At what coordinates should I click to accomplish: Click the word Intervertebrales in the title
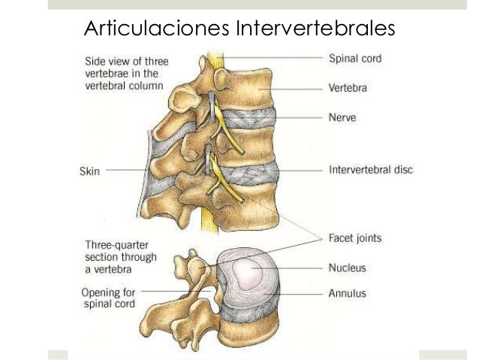pyautogui.click(x=315, y=30)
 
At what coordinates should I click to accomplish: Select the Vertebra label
pyautogui.click(x=349, y=88)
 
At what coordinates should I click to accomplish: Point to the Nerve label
pyautogui.click(x=342, y=117)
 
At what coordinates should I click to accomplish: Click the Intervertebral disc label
pyautogui.click(x=371, y=171)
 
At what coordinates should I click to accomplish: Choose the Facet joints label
pyautogui.click(x=355, y=238)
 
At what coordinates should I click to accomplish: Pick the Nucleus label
pyautogui.click(x=348, y=267)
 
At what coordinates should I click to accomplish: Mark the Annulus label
pyautogui.click(x=348, y=294)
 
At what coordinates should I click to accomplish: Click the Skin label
pyautogui.click(x=90, y=171)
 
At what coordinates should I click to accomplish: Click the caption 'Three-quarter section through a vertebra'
pyautogui.click(x=121, y=256)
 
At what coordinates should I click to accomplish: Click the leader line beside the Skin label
pyautogui.click(x=125, y=171)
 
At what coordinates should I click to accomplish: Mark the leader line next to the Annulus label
pyautogui.click(x=300, y=294)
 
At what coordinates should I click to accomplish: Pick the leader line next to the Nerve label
pyautogui.click(x=297, y=117)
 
